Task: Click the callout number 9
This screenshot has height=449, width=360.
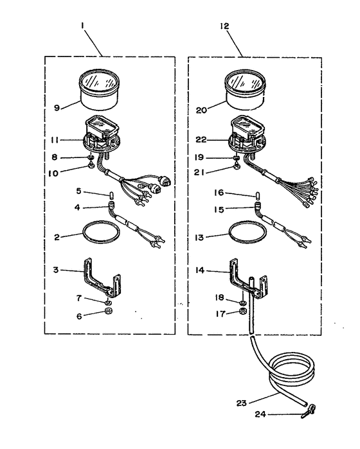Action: [x=57, y=108]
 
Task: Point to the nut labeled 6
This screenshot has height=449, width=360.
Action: [x=109, y=312]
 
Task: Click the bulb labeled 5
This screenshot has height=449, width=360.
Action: [x=112, y=196]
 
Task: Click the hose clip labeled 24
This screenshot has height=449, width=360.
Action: [x=309, y=411]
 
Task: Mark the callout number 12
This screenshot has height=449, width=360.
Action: [x=225, y=26]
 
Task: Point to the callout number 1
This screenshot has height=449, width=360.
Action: [x=82, y=26]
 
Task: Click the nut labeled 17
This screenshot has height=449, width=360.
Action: [x=243, y=312]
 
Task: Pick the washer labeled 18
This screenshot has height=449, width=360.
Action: [x=242, y=302]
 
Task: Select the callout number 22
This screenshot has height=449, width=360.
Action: [x=201, y=140]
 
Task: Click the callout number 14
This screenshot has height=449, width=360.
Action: [x=200, y=270]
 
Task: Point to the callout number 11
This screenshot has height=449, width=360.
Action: [x=55, y=140]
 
